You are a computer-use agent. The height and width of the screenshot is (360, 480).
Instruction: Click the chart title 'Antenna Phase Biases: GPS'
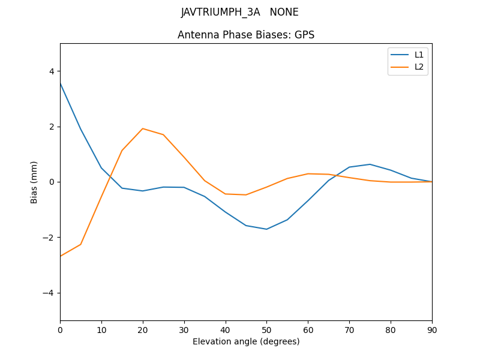[x=246, y=35]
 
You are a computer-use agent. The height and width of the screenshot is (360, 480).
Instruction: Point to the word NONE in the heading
[x=284, y=12]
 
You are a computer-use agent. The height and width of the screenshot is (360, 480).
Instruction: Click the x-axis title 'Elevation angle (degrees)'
[x=246, y=341]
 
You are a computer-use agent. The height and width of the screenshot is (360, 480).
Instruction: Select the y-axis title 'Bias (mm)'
[x=34, y=182]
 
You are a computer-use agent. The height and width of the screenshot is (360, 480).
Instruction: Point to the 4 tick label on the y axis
[x=52, y=71]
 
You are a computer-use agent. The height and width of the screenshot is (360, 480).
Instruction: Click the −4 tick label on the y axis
[x=49, y=293]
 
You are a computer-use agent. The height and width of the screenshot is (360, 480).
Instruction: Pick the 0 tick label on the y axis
[x=52, y=182]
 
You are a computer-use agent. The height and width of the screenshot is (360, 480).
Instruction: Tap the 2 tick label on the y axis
[x=52, y=127]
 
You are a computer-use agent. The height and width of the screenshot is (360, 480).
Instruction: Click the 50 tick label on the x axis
[x=266, y=329]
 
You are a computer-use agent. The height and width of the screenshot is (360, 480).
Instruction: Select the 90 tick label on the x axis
[x=432, y=329]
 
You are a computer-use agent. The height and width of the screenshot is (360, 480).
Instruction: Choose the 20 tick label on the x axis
[x=143, y=329]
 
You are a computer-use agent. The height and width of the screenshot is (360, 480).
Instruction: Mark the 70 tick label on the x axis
[x=349, y=329]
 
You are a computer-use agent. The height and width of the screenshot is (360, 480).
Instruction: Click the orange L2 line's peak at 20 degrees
[x=143, y=128]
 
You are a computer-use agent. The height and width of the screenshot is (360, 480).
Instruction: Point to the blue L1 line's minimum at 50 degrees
[x=266, y=229]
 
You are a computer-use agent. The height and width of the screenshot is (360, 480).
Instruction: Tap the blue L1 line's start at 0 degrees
[x=60, y=83]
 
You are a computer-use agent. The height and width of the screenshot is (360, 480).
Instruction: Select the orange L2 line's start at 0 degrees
[x=60, y=256]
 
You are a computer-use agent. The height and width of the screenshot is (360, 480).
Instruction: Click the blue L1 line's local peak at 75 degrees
[x=370, y=164]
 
